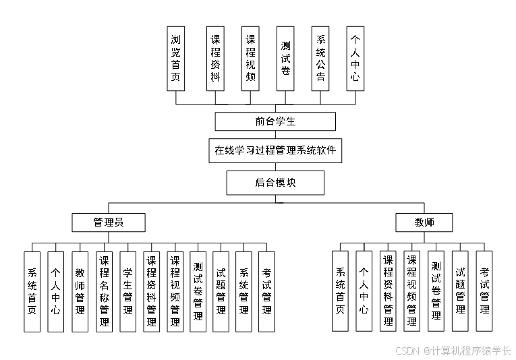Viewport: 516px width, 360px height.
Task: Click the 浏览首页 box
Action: click(x=176, y=59)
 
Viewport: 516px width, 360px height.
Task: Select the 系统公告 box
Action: click(x=320, y=59)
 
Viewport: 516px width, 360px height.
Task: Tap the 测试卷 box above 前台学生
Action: click(x=285, y=59)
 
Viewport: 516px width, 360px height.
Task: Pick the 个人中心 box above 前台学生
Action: click(x=355, y=59)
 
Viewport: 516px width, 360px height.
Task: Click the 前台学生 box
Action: click(x=275, y=121)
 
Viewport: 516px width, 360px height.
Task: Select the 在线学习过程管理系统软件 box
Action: click(x=275, y=151)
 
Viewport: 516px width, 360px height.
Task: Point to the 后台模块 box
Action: click(x=275, y=183)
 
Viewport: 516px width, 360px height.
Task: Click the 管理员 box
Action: click(x=108, y=222)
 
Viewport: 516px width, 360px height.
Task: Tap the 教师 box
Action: click(x=424, y=222)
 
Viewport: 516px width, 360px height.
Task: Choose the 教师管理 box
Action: click(x=80, y=291)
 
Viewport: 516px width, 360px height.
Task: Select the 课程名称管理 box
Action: click(x=104, y=291)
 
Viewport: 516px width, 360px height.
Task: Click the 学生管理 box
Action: click(x=127, y=291)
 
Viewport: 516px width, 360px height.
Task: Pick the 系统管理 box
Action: click(x=243, y=291)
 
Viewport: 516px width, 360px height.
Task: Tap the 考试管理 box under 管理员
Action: click(x=267, y=291)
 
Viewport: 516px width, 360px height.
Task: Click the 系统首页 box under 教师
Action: click(x=340, y=291)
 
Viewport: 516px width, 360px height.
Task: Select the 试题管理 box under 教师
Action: click(x=460, y=291)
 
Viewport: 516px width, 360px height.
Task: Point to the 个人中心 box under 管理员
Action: click(x=55, y=291)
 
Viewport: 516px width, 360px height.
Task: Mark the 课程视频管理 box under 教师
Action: click(x=412, y=291)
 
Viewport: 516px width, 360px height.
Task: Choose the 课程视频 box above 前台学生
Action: click(x=250, y=59)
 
